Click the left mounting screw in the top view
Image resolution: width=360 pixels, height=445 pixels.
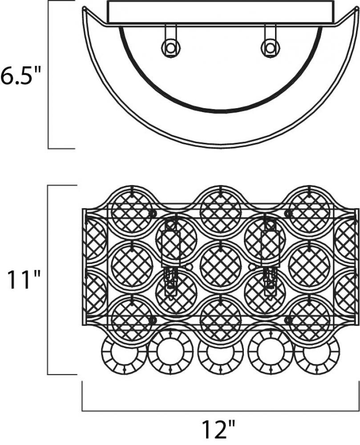(170, 48)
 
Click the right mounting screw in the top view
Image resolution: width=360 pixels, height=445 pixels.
(270, 48)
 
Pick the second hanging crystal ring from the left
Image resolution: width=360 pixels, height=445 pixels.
(170, 352)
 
